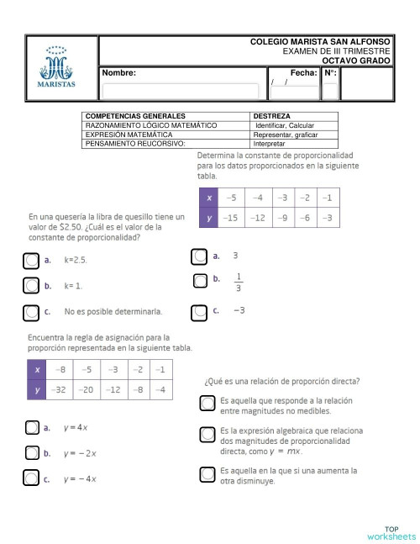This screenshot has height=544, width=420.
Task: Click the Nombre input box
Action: tap(180, 91)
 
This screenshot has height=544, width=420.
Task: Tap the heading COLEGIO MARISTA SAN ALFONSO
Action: tap(320, 41)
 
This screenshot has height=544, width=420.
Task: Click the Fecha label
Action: tap(302, 74)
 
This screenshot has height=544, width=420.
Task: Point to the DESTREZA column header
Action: tap(272, 116)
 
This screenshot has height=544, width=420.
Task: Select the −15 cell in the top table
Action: tap(231, 218)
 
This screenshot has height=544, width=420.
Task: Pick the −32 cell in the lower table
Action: tap(60, 389)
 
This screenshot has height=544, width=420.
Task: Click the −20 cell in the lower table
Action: tap(87, 389)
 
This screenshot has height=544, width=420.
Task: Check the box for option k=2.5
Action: tap(31, 261)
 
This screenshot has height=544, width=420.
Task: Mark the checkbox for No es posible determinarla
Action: tap(31, 312)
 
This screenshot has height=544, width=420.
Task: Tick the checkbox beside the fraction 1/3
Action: tap(200, 281)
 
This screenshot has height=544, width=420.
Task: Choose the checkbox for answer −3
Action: tap(199, 312)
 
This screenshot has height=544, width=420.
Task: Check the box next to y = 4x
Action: tap(31, 428)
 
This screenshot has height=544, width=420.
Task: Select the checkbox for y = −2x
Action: tap(31, 454)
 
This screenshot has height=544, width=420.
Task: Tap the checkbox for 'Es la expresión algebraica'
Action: tap(207, 435)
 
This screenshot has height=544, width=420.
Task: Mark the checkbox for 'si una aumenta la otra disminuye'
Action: tap(207, 474)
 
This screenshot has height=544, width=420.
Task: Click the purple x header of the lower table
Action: tap(37, 369)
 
